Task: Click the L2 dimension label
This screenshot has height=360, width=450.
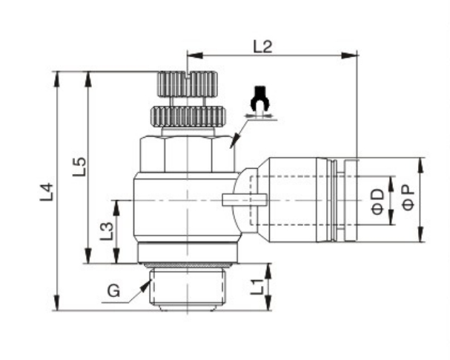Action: [262, 47]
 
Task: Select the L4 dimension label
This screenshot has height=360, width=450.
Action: [47, 192]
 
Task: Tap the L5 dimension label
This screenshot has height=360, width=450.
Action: [79, 167]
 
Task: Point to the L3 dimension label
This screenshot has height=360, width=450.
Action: [107, 231]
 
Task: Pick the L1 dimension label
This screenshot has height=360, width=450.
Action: [257, 287]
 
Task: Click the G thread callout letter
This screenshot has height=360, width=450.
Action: [113, 291]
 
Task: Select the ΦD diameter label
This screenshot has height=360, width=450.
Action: [377, 201]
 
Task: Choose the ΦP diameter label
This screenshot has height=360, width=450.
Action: [408, 197]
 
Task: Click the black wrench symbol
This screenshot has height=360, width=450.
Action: [260, 99]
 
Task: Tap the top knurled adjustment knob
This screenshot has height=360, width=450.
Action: [187, 84]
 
